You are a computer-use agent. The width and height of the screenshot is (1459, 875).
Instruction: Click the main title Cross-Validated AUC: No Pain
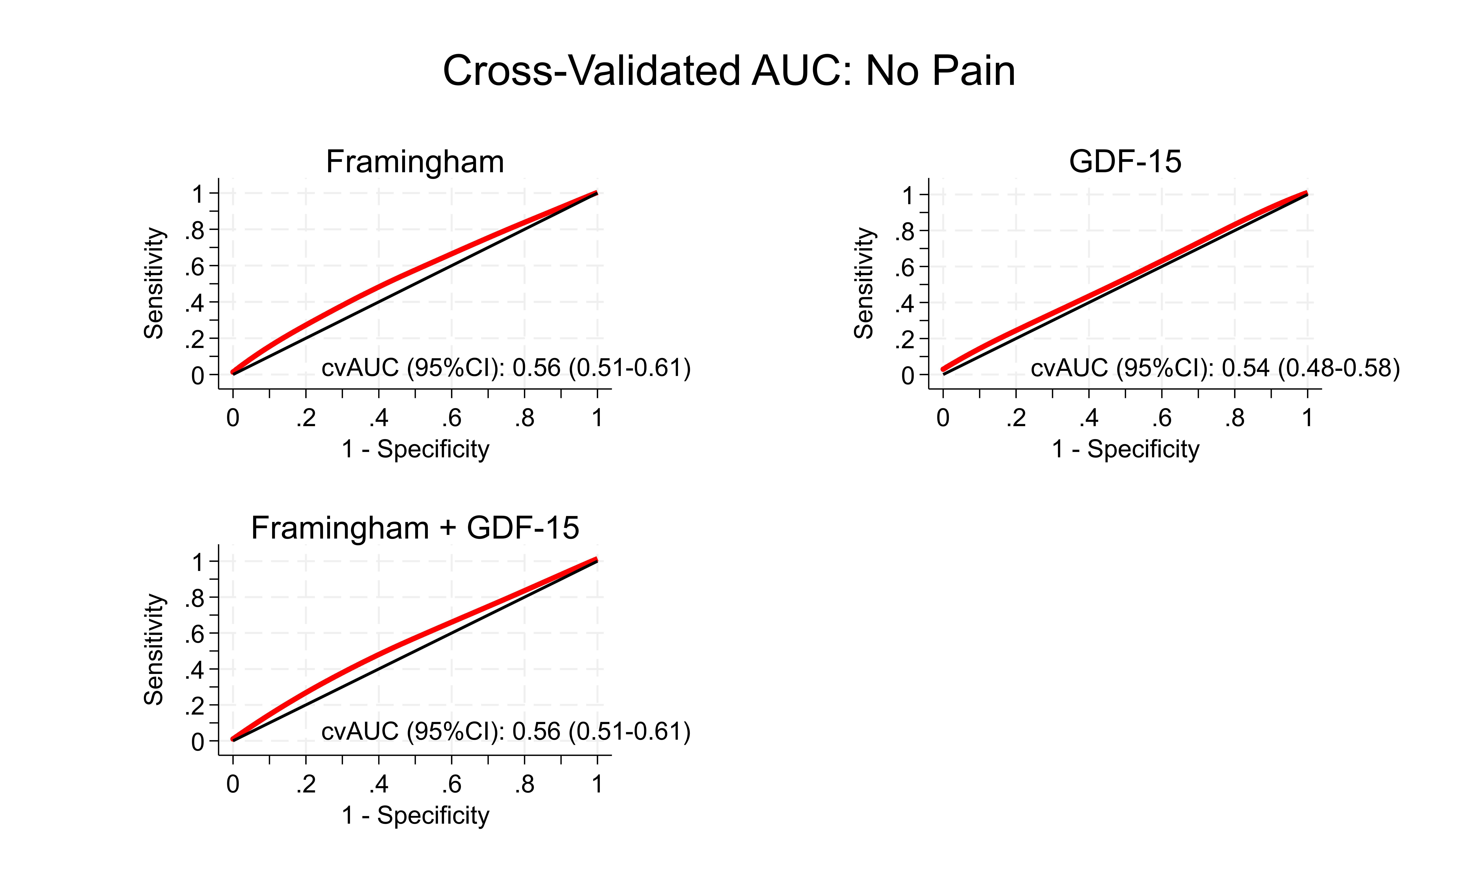[x=729, y=71]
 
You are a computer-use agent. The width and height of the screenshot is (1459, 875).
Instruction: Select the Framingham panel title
[x=415, y=162]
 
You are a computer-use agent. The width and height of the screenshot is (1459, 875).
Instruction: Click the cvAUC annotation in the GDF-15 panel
[x=1215, y=368]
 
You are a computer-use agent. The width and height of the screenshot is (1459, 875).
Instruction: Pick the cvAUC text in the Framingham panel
[x=506, y=368]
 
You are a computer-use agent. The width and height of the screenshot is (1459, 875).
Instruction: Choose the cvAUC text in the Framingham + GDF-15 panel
[x=506, y=732]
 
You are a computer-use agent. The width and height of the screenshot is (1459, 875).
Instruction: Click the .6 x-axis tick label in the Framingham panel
[x=452, y=418]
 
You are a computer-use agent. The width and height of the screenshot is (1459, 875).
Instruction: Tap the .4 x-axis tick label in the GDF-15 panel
[x=1089, y=418]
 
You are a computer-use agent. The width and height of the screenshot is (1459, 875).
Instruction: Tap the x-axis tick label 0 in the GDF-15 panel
[x=943, y=418]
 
